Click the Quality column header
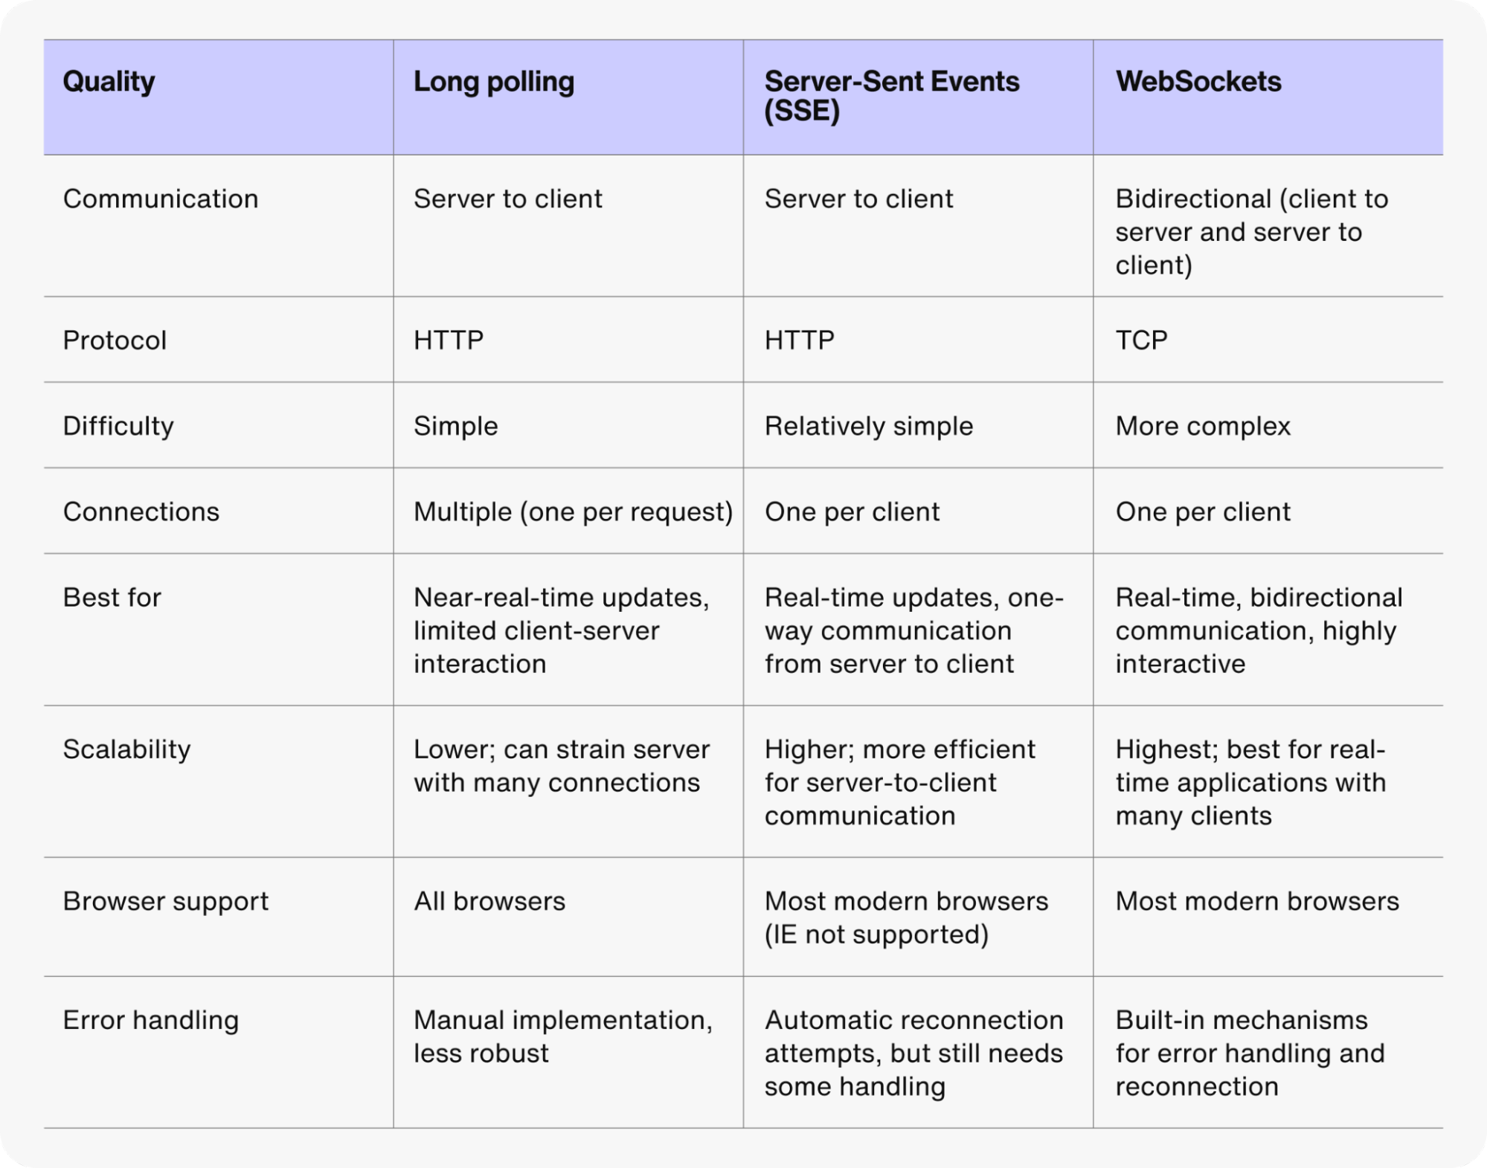109,82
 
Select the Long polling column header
493,82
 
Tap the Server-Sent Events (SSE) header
891,96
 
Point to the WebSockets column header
1198,82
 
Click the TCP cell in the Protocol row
1141,341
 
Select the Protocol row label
115,341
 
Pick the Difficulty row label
118,426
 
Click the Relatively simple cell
868,426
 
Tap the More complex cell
1202,426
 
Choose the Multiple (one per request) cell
573,512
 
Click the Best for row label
112,598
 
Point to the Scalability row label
126,749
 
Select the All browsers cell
489,901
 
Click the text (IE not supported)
876,935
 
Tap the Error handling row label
150,1020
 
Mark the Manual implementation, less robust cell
562,1036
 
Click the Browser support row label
165,901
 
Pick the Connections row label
141,512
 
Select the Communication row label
160,199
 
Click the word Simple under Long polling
455,426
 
